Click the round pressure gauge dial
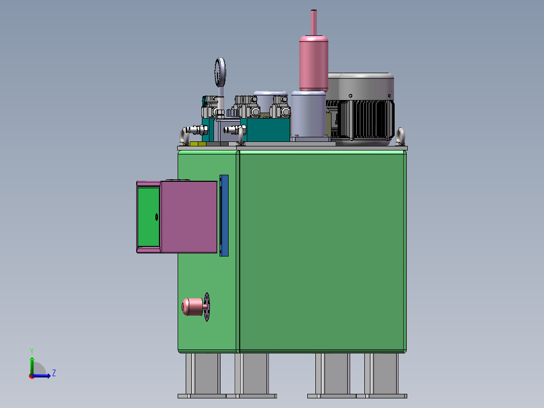[x=221, y=72]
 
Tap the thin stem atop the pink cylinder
[x=314, y=23]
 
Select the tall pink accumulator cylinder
[x=314, y=63]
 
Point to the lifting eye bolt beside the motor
[x=400, y=136]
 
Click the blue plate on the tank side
[x=224, y=216]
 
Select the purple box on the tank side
[x=189, y=217]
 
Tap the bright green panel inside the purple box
[x=148, y=217]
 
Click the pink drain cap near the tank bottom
[x=192, y=307]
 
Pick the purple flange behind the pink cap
[x=207, y=307]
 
